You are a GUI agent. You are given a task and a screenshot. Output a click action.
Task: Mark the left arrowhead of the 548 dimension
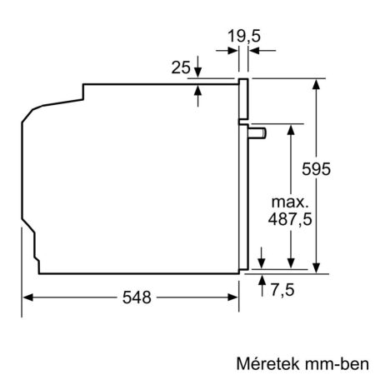(27, 297)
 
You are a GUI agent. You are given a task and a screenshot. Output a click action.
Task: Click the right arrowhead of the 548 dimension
(234, 297)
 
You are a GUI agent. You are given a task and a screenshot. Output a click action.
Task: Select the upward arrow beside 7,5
(262, 279)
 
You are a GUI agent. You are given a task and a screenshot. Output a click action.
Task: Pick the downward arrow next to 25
(198, 72)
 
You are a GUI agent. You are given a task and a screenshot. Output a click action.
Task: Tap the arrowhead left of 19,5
(232, 51)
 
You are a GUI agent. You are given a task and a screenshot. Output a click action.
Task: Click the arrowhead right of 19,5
(254, 51)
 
